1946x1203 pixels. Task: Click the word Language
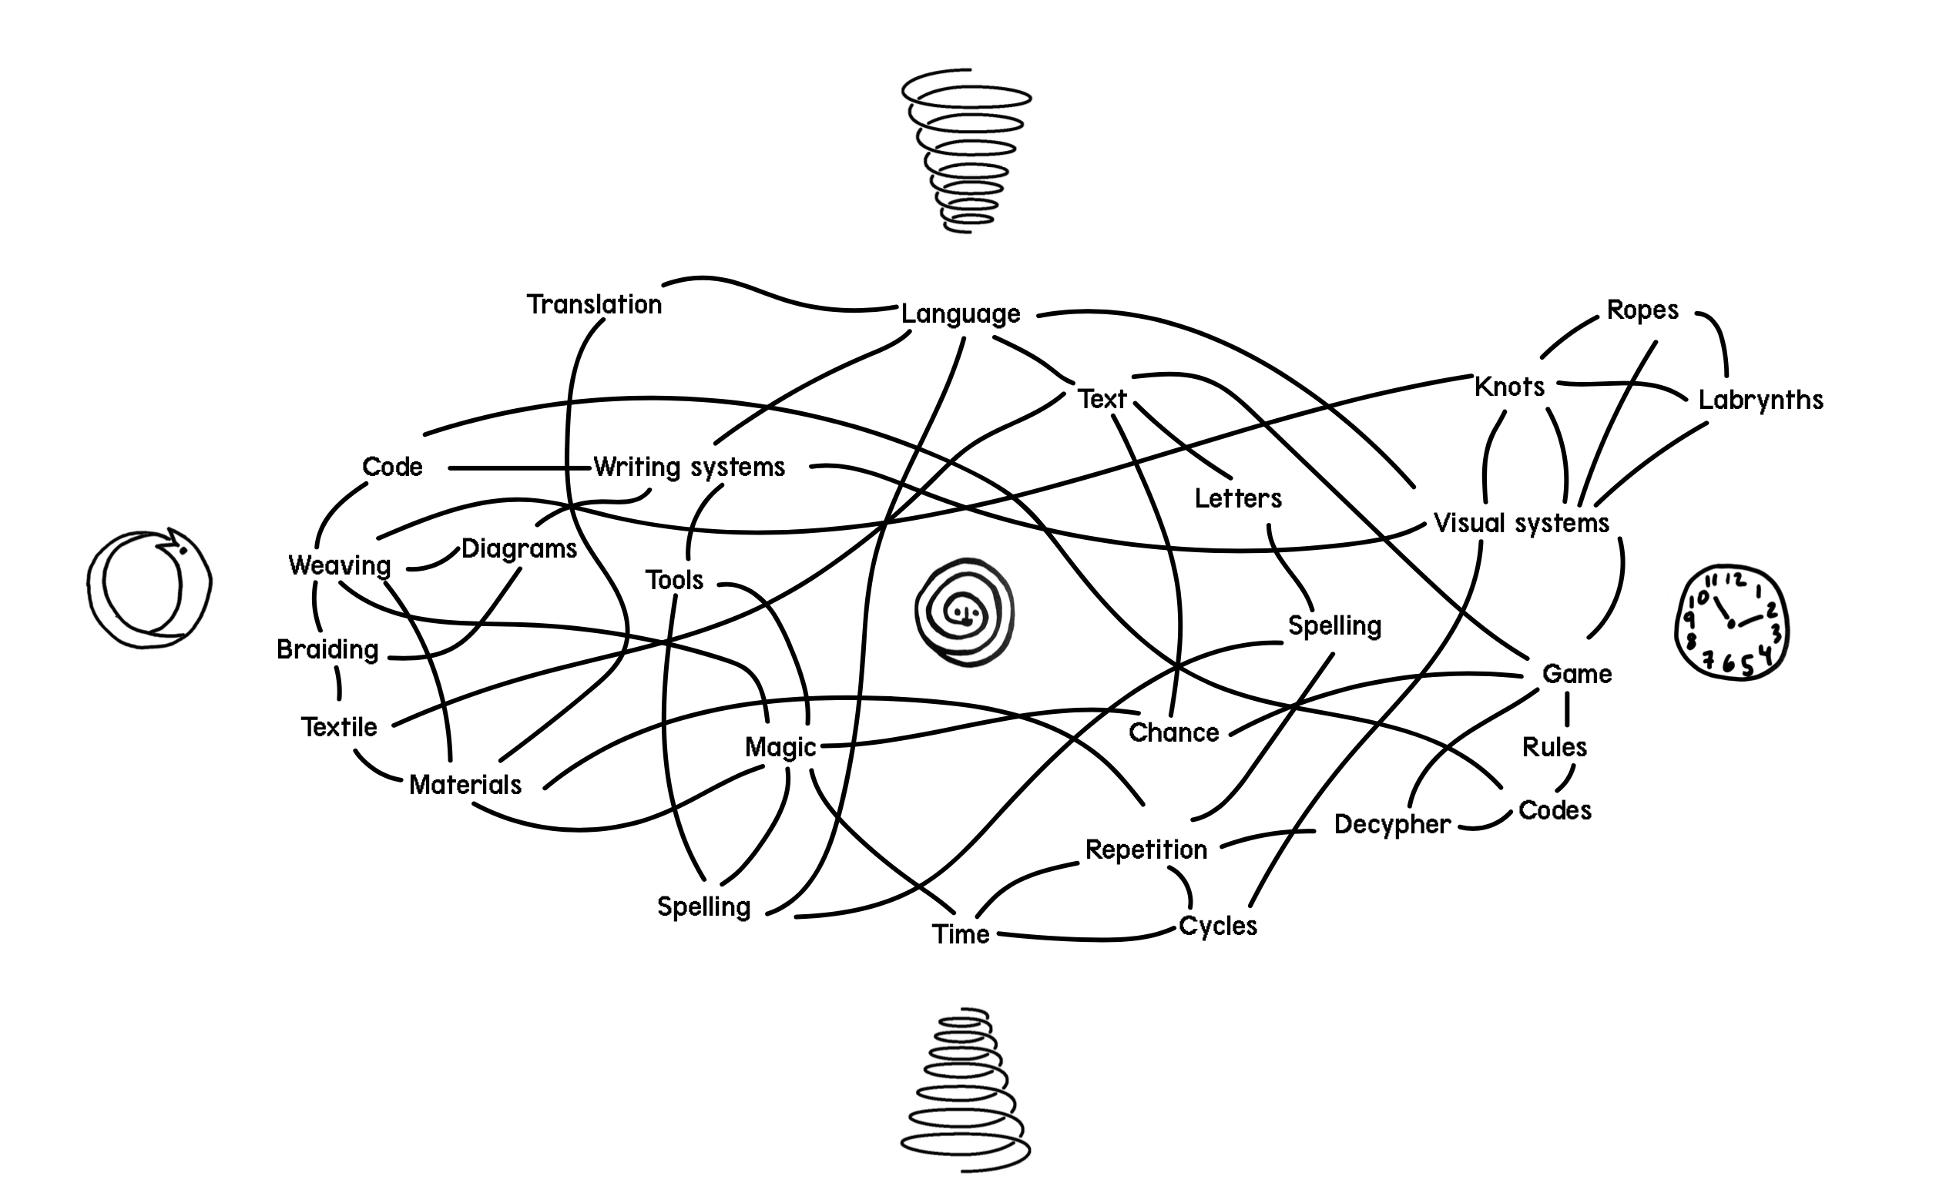pos(960,314)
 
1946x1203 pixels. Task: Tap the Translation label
pos(594,305)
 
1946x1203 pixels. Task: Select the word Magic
pos(780,747)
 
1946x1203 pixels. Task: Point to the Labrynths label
pos(1760,400)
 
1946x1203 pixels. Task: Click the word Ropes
pos(1642,310)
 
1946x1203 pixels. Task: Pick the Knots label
pos(1509,387)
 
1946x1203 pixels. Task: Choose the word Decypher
pos(1392,824)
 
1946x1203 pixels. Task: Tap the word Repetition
pos(1146,849)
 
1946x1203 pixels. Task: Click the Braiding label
pos(327,650)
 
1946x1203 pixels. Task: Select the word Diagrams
pos(519,549)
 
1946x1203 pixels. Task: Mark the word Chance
pos(1173,732)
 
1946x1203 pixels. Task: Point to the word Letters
pos(1238,499)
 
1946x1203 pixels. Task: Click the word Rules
pos(1554,747)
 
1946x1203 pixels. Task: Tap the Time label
pos(961,934)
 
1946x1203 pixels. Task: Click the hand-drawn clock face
pos(1730,622)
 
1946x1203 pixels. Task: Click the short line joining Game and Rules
pos(1566,709)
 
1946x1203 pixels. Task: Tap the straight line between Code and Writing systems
pos(519,468)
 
